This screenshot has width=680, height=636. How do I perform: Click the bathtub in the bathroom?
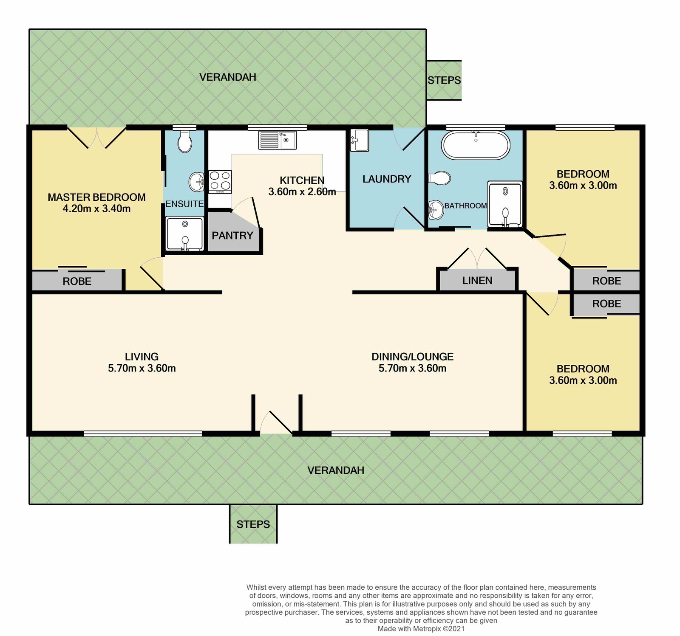(476, 146)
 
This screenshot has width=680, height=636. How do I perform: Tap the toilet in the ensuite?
(185, 141)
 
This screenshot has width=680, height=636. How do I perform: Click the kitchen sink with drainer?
(278, 140)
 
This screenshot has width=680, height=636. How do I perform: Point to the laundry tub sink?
(360, 140)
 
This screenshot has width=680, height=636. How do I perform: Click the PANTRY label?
(232, 236)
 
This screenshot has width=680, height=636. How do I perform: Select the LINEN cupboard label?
(477, 281)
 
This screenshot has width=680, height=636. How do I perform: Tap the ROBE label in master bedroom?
(77, 281)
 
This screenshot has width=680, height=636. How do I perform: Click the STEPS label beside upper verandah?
(444, 80)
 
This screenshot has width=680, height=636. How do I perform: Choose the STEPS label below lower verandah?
(253, 524)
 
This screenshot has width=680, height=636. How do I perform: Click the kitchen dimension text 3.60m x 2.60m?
(302, 192)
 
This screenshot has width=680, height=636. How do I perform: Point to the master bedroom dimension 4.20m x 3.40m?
(96, 208)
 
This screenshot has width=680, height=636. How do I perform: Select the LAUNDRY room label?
(387, 179)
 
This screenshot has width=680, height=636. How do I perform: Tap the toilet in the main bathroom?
(439, 178)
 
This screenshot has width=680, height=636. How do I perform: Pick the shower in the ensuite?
(185, 234)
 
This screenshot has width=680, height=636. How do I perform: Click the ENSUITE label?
(184, 204)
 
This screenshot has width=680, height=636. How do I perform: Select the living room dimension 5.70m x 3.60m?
(142, 368)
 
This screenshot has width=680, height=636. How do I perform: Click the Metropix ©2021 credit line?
(421, 629)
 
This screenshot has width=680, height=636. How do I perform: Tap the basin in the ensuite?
(196, 182)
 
